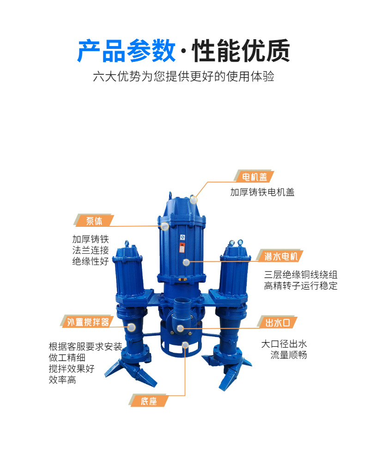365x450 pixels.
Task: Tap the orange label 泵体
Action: (x=94, y=221)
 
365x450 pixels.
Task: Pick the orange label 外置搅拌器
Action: (x=87, y=322)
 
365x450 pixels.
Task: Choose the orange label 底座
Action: (x=148, y=401)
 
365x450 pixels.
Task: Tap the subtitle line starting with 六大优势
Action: (x=183, y=77)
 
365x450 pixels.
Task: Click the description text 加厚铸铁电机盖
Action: (x=262, y=192)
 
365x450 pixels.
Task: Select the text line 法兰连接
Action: (x=90, y=250)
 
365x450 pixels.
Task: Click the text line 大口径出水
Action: (x=284, y=344)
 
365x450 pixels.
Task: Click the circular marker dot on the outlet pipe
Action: (x=181, y=328)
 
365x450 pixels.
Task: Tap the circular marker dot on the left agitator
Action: (x=132, y=327)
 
